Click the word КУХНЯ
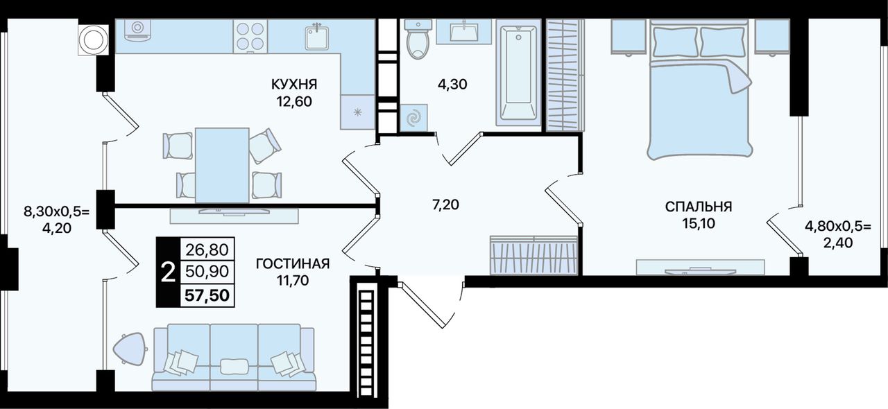pyautogui.click(x=294, y=85)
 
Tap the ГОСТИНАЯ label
pyautogui.click(x=293, y=263)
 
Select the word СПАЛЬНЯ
pyautogui.click(x=699, y=207)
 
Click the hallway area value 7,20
pyautogui.click(x=445, y=205)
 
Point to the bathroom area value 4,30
pyautogui.click(x=452, y=85)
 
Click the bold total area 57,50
pyautogui.click(x=207, y=295)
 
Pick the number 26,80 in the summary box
pyautogui.click(x=207, y=250)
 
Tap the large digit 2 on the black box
pyautogui.click(x=169, y=272)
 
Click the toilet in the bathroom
pyautogui.click(x=416, y=39)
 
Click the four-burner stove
pyautogui.click(x=250, y=36)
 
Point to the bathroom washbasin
pyautogui.click(x=464, y=31)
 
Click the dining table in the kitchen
pyautogui.click(x=222, y=165)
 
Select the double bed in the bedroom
pyautogui.click(x=699, y=89)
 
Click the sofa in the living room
pyautogui.click(x=234, y=357)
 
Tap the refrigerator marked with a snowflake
pyautogui.click(x=357, y=112)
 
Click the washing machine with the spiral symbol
pyautogui.click(x=414, y=118)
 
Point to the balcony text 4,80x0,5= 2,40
pyautogui.click(x=838, y=234)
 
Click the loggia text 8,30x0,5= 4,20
pyautogui.click(x=57, y=220)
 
